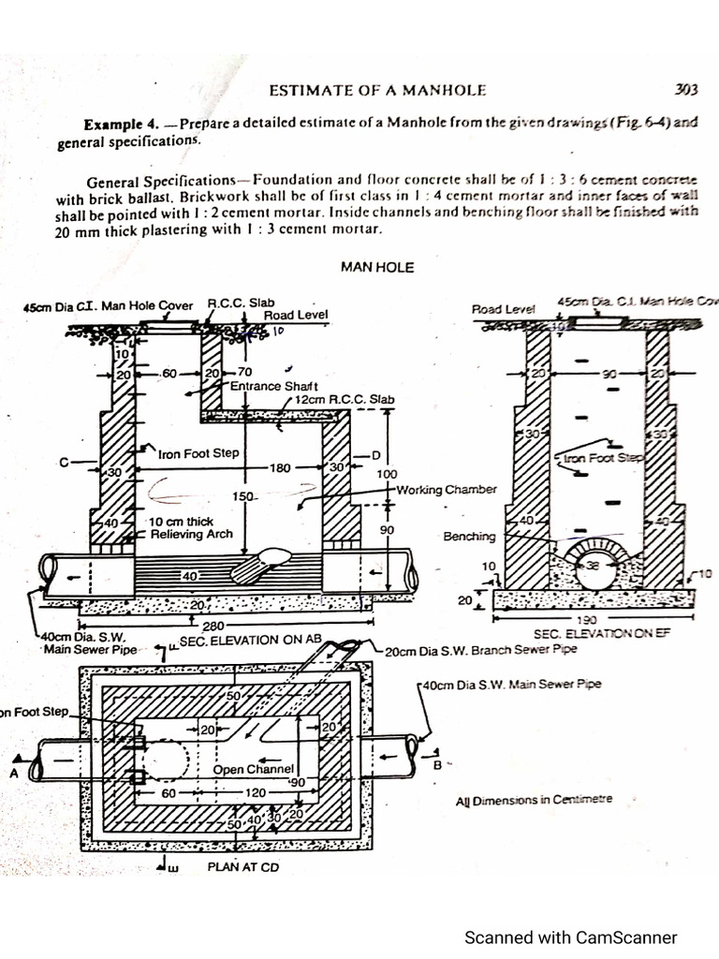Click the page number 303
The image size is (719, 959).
686,90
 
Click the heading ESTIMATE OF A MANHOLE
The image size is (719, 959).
377,91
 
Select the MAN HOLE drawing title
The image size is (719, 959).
377,268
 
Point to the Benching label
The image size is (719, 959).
469,537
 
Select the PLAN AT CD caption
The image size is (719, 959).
242,867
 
